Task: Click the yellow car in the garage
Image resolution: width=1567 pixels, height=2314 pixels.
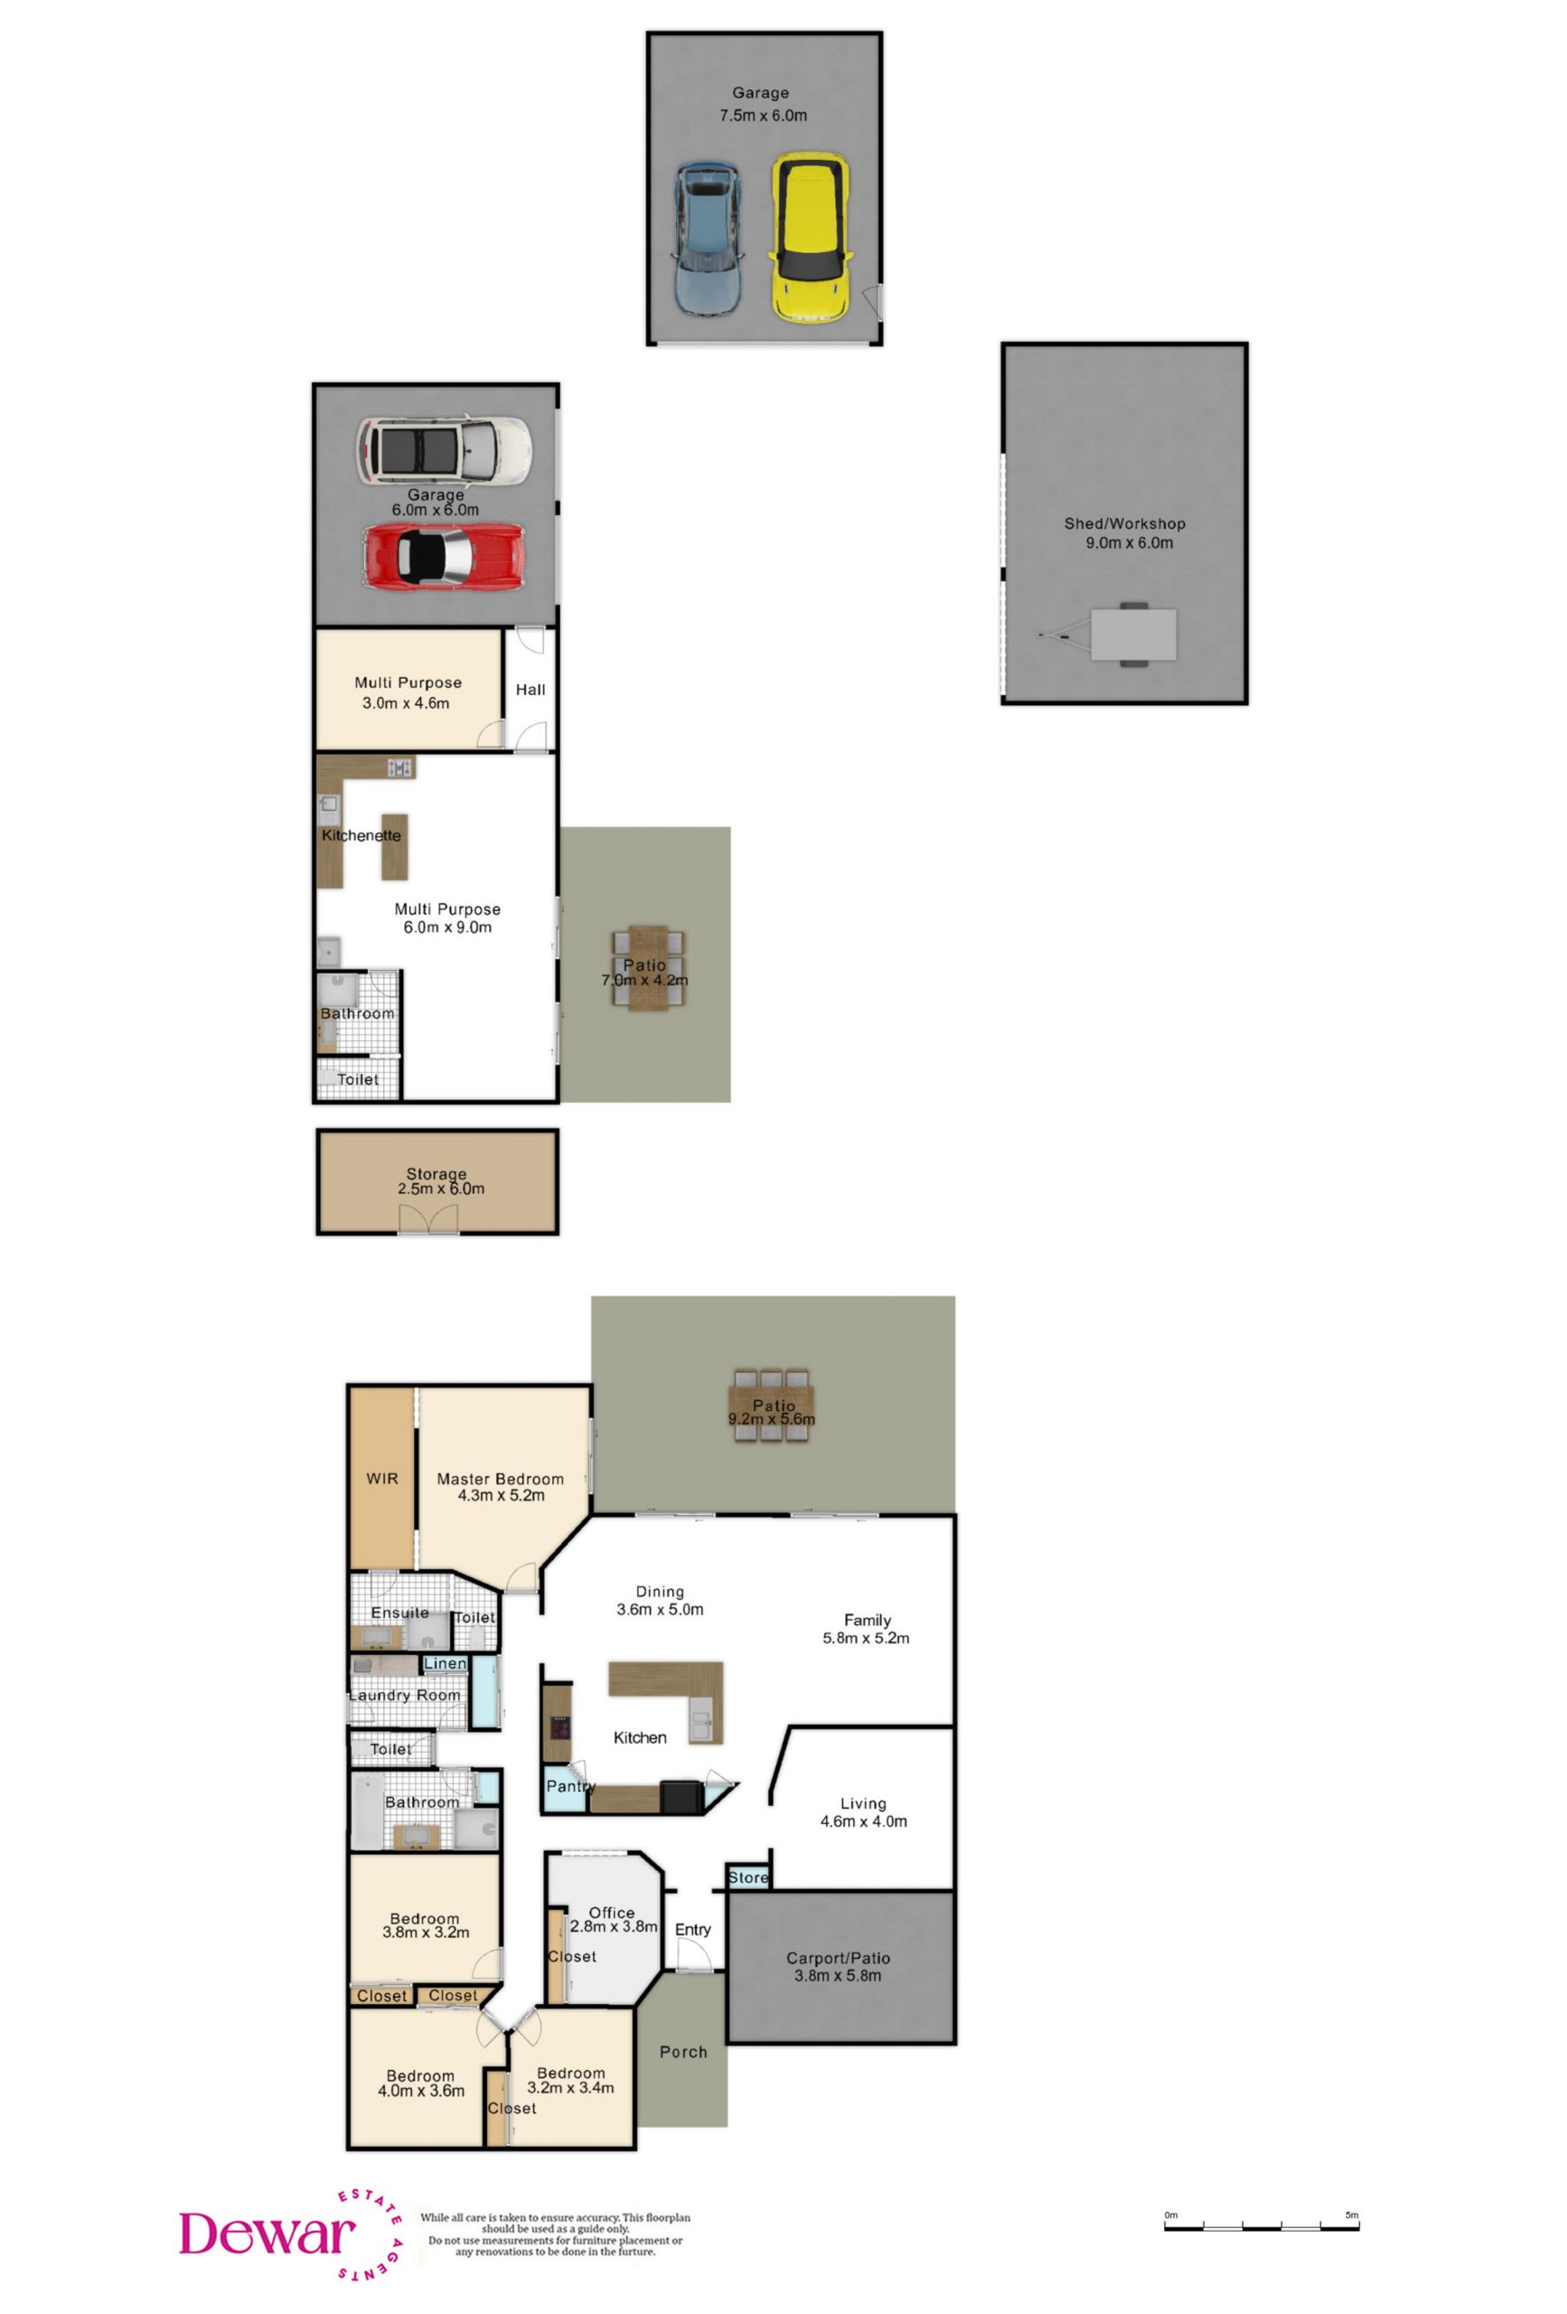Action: point(811,237)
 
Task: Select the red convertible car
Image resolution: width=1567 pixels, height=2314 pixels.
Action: point(443,557)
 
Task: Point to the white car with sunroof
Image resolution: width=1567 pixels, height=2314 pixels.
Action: point(444,450)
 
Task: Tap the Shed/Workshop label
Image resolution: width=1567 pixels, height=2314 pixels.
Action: point(1124,522)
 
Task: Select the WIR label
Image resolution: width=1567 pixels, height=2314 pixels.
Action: point(381,1479)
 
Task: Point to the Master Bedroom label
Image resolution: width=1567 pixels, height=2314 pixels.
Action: point(500,1479)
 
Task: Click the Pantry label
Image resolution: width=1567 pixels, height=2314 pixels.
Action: point(569,1785)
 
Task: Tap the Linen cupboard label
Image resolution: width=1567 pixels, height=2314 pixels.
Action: point(444,1663)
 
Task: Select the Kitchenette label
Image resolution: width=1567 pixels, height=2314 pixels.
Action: point(361,834)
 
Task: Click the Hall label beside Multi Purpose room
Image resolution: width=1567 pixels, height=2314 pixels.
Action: point(530,689)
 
